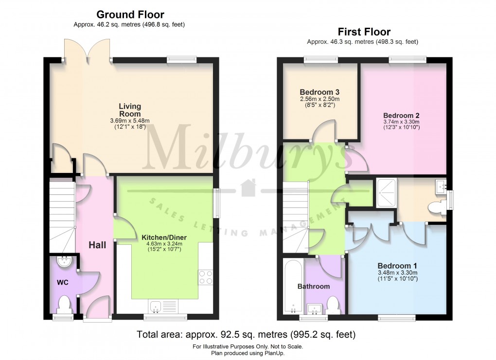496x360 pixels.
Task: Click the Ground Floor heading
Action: point(130,15)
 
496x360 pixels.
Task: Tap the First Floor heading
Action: point(364,32)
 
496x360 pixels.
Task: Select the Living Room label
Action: point(130,110)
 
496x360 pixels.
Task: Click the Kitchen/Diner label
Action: point(164,238)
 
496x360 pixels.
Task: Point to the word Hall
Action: point(97,245)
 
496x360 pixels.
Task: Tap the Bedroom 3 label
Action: point(319,92)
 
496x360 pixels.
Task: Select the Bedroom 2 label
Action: point(401,116)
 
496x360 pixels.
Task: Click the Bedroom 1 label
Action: point(397,266)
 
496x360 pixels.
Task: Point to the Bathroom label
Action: point(314,287)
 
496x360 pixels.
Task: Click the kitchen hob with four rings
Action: point(205,277)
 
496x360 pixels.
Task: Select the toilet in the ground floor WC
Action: point(64,305)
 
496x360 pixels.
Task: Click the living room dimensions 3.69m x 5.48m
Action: point(130,121)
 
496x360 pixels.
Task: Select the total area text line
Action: point(246,335)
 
